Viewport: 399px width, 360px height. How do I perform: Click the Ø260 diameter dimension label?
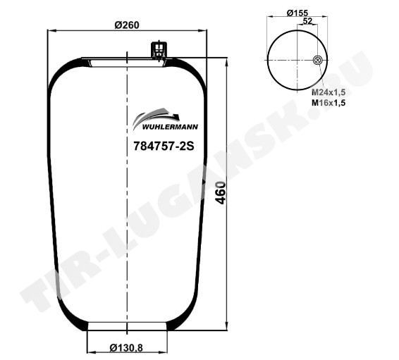(x=127, y=25)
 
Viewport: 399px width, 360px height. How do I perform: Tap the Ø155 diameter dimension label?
(x=297, y=13)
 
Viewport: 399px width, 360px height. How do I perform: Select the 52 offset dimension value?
(x=307, y=21)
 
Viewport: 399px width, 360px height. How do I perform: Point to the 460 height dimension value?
(x=221, y=193)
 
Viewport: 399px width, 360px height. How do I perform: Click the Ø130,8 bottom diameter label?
(x=126, y=347)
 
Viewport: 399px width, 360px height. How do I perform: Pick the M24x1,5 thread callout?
(x=329, y=92)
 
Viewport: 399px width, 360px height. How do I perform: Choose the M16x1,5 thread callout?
(x=329, y=103)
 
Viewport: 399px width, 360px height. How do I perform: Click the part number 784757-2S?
(x=164, y=147)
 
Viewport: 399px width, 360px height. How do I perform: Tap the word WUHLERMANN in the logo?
(x=170, y=127)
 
